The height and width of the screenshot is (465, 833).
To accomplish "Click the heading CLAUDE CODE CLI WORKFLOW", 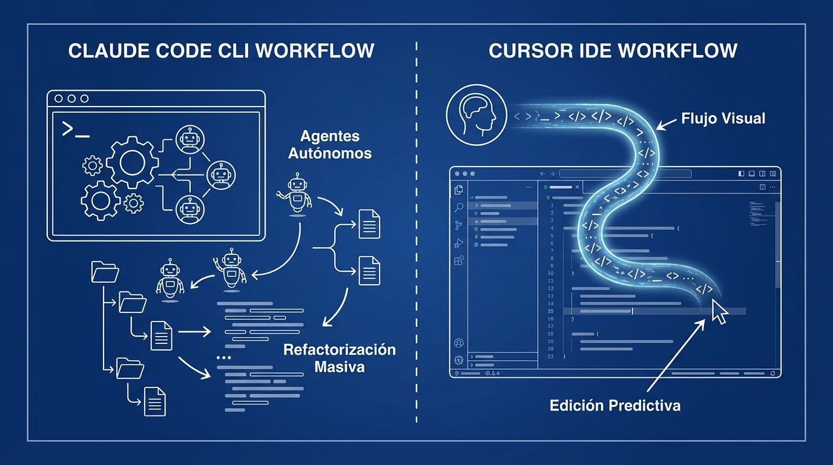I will (221, 51).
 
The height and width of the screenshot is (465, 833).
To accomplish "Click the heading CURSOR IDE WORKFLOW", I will (613, 51).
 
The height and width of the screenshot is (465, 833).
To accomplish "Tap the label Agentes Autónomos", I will (329, 145).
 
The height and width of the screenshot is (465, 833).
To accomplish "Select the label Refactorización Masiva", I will (340, 358).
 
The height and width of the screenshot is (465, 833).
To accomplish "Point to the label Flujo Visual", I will (723, 118).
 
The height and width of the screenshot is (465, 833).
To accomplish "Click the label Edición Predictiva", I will (614, 405).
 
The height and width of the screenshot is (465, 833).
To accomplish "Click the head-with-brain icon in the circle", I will (476, 114).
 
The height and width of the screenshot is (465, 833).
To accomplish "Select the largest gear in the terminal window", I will (132, 162).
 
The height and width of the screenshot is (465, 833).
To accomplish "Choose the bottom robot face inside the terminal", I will (189, 209).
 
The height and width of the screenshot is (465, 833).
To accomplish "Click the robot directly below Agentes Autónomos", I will (296, 194).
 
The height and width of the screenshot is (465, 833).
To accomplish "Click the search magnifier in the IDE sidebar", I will (459, 208).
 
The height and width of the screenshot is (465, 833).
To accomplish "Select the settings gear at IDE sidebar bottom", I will (458, 360).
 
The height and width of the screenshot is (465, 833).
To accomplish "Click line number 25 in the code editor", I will (551, 311).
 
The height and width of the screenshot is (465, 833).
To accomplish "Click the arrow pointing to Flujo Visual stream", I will (667, 125).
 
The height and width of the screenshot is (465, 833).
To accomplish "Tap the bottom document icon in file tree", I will (154, 401).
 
